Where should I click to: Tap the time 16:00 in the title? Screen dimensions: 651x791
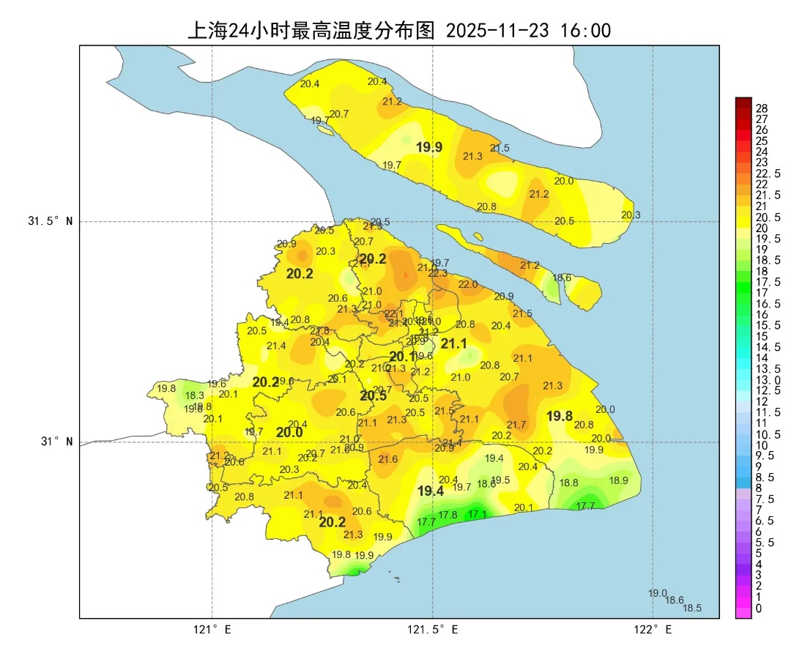pyautogui.click(x=587, y=30)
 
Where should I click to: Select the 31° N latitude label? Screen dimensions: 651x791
pyautogui.click(x=56, y=442)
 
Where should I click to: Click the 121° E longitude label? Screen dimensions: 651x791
pyautogui.click(x=212, y=629)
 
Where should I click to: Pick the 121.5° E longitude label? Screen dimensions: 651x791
pyautogui.click(x=433, y=629)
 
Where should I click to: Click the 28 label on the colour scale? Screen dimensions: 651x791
pyautogui.click(x=762, y=108)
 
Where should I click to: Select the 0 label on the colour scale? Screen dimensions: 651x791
pyautogui.click(x=758, y=608)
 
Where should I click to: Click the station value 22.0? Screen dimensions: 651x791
pyautogui.click(x=468, y=284)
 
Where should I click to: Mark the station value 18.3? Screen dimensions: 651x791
pyautogui.click(x=195, y=395)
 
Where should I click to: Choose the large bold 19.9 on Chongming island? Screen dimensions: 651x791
pyautogui.click(x=429, y=147)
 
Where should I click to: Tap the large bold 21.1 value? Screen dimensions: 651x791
pyautogui.click(x=453, y=343)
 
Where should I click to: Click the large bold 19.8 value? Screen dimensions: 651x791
pyautogui.click(x=560, y=416)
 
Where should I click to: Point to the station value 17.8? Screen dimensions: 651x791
pyautogui.click(x=448, y=515)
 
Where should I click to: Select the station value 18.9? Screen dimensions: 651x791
pyautogui.click(x=619, y=480)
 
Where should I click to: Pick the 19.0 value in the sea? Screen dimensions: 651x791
pyautogui.click(x=658, y=593)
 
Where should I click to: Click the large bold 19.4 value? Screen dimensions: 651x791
pyautogui.click(x=431, y=491)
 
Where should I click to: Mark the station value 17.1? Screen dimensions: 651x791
pyautogui.click(x=478, y=514)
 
